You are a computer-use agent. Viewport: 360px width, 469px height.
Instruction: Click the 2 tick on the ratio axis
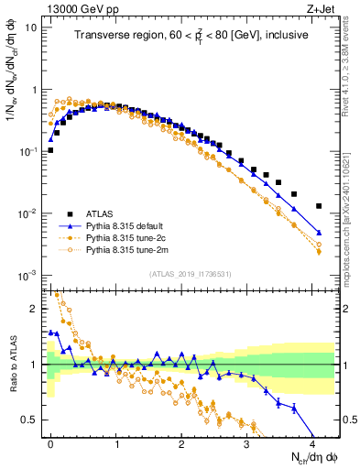37,309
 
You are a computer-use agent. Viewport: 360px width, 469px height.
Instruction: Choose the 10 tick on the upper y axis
30,27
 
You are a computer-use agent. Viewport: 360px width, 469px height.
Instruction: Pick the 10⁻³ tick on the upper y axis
27,276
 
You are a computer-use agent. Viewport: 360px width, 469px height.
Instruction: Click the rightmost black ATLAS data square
319,206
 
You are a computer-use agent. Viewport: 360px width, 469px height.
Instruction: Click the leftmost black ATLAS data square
50,150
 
